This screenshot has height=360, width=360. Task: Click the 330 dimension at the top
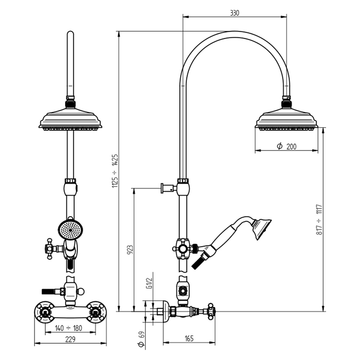point(234,13)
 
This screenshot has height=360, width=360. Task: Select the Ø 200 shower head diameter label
point(287,147)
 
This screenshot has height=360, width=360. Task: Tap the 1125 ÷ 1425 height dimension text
point(115,171)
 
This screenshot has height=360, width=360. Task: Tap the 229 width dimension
point(70,339)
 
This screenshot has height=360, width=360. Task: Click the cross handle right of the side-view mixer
point(210,312)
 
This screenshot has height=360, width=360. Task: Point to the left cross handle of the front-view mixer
point(44,312)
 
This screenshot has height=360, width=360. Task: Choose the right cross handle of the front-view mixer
point(96,312)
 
